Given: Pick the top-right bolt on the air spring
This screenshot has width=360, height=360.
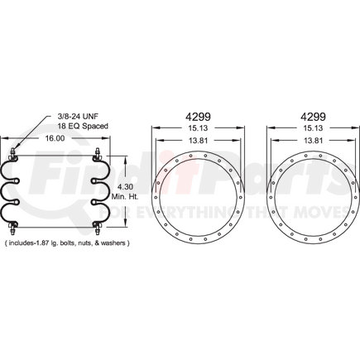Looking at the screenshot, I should (x=97, y=152).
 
